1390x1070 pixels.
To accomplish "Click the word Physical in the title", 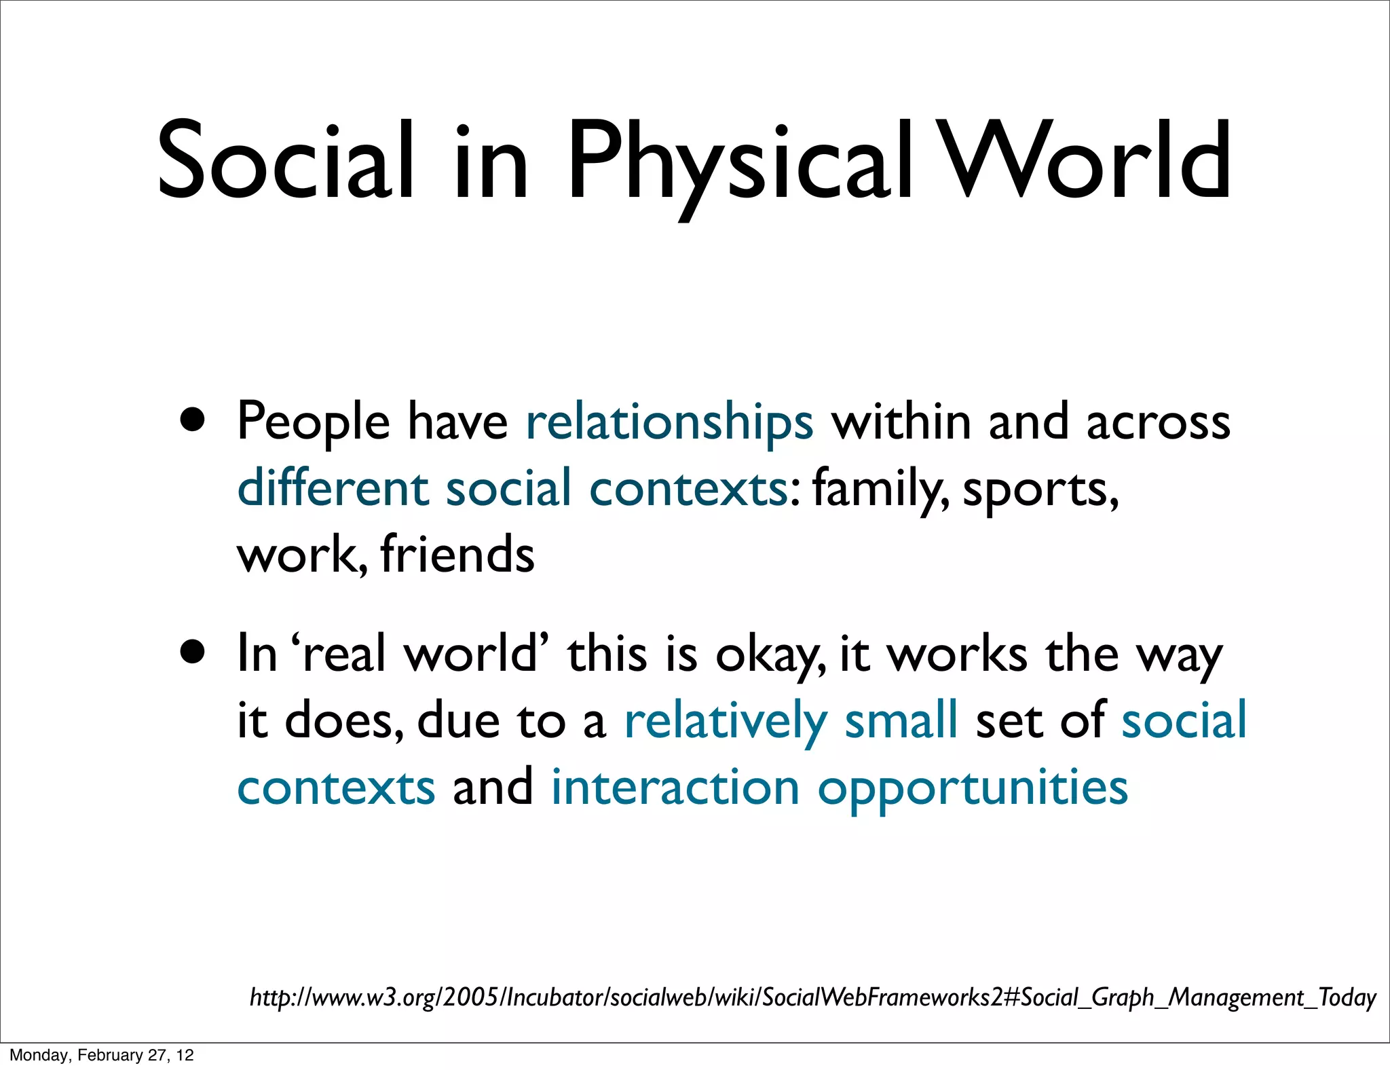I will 740,163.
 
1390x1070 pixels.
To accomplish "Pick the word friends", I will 457,554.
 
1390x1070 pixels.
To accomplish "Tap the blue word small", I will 901,720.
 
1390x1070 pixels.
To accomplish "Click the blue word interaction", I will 675,788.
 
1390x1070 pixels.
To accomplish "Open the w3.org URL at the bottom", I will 812,997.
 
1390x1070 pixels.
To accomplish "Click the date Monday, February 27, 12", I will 102,1055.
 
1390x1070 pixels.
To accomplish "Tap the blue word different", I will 333,487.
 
